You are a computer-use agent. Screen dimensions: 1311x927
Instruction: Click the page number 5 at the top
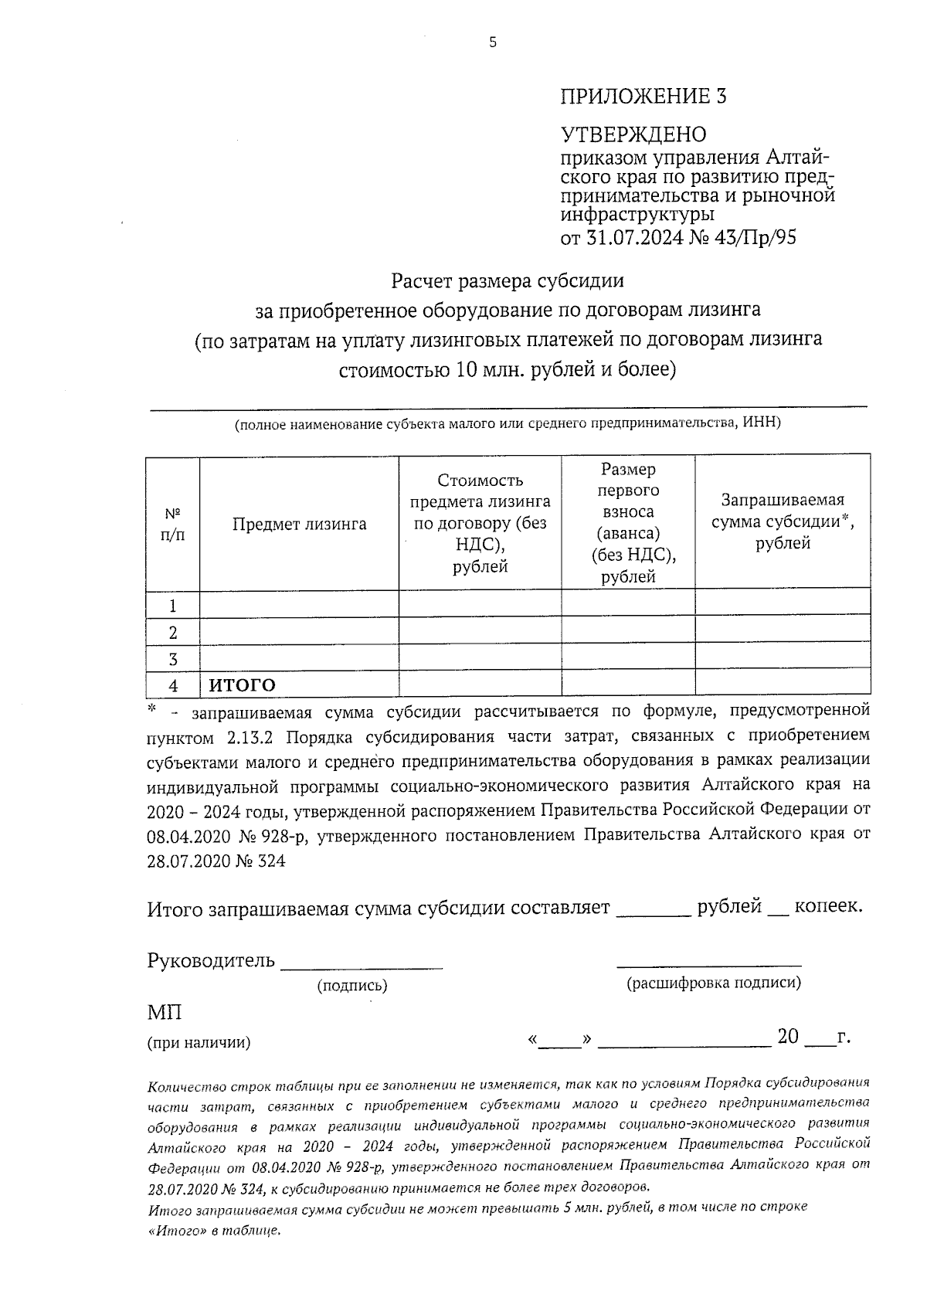(x=493, y=43)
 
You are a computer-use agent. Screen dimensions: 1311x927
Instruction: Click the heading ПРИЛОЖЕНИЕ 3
(x=643, y=97)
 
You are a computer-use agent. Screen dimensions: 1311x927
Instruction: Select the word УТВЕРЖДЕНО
(x=633, y=134)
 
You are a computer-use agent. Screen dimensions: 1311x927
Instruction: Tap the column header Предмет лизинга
(x=299, y=525)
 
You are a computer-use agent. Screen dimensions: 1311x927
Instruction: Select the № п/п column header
(x=173, y=524)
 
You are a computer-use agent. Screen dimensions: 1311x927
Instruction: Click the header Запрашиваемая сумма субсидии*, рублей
(x=783, y=521)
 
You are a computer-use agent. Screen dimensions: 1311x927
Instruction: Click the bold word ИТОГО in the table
(x=243, y=685)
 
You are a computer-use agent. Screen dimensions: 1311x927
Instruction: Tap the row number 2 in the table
(x=173, y=633)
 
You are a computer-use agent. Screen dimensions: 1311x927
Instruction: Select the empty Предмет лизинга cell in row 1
(x=299, y=605)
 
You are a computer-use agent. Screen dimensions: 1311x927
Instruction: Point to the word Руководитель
(x=210, y=960)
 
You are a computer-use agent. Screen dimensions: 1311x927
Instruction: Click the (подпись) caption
(x=352, y=986)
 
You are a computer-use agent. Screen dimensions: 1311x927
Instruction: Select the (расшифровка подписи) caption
(x=713, y=983)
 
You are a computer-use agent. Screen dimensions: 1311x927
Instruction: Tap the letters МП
(x=164, y=1012)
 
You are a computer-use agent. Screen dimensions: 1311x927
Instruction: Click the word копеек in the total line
(x=828, y=906)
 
